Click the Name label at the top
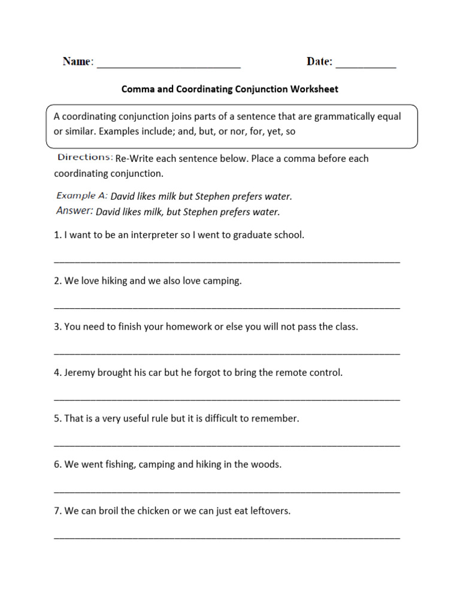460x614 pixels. tap(77, 62)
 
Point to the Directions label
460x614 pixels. tap(85, 158)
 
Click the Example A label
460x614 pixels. tap(82, 196)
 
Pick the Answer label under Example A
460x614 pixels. tap(74, 211)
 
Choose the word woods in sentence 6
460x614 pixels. tap(267, 465)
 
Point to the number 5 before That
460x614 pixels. tap(56, 419)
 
